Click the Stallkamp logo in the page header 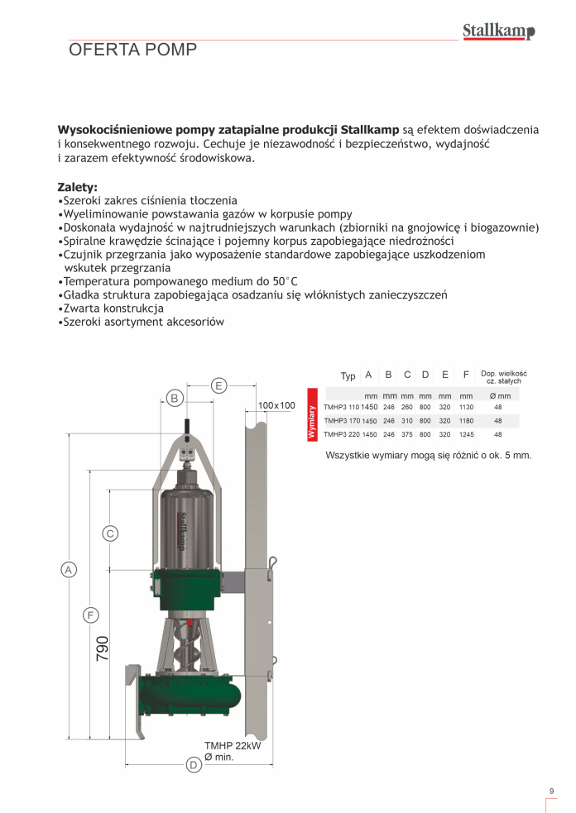point(498,31)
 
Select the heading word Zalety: point(77,187)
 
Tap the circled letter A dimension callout point(69,569)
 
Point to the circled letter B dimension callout point(175,399)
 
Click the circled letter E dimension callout point(218,385)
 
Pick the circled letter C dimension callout point(110,533)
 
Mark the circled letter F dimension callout point(91,615)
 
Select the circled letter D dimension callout point(193,765)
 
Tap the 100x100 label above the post point(276,405)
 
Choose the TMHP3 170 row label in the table point(341,420)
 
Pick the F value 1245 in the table point(467,433)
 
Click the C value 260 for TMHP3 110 point(406,407)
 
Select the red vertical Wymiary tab point(313,420)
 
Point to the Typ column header point(348,376)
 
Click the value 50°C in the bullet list point(282,281)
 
